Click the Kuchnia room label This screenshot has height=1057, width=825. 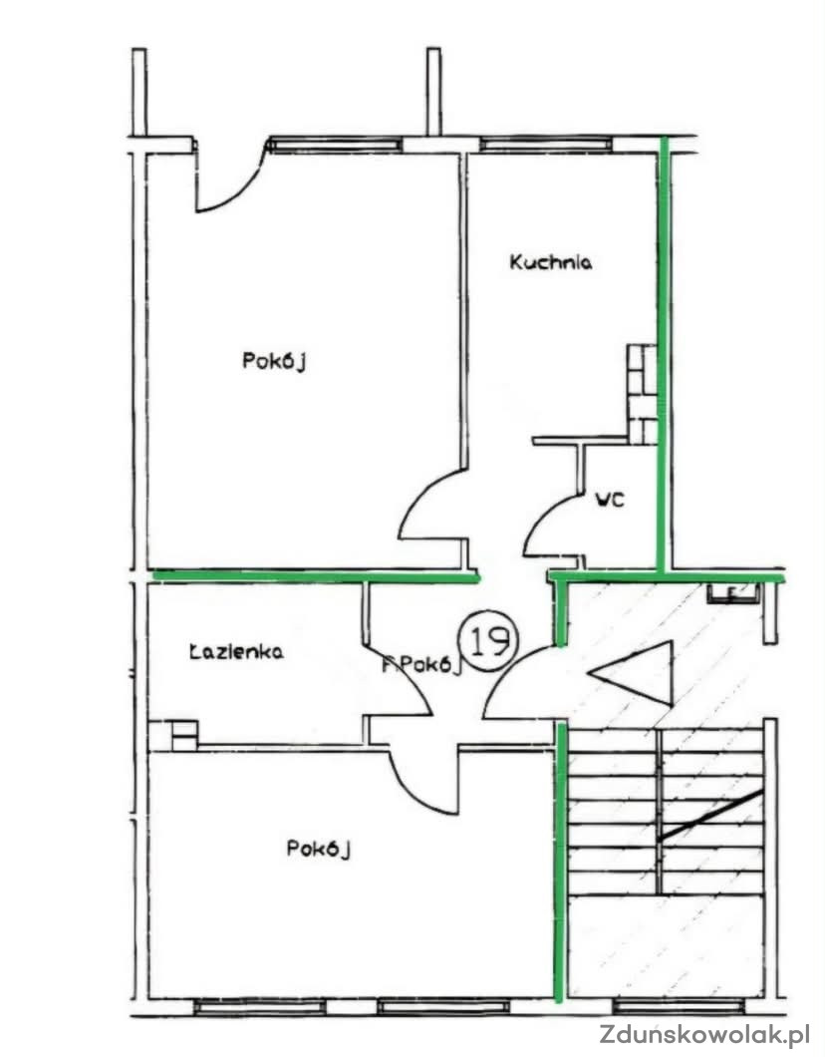point(550,261)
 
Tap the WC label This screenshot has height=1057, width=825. point(610,500)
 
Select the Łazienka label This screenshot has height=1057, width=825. point(236,651)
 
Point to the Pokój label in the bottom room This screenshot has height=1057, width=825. point(319,848)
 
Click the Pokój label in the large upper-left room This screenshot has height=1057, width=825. point(274,361)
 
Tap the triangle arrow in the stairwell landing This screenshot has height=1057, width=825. point(632,673)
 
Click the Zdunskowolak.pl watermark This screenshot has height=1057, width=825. point(704,1033)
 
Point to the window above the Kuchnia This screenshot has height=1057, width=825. point(546,145)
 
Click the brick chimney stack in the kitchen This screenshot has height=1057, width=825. point(642,394)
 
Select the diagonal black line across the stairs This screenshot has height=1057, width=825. point(711,815)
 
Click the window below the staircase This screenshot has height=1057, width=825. point(679,1007)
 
